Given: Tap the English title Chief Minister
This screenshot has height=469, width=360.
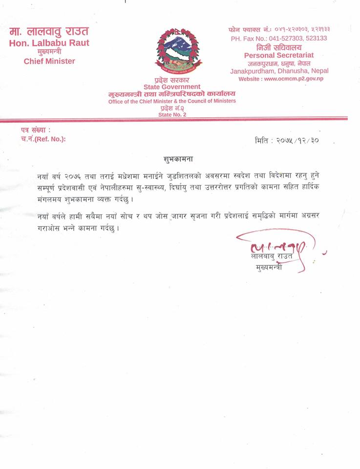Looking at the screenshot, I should click(49, 61).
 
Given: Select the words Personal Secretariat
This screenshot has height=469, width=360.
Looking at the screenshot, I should click(279, 55).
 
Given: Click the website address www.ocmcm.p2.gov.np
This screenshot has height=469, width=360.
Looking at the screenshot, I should click(281, 79).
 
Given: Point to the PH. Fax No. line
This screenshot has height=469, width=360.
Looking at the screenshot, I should click(279, 38).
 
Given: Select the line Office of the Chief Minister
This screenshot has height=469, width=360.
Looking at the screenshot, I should click(172, 101).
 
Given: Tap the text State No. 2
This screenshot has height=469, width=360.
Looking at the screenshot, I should click(172, 114).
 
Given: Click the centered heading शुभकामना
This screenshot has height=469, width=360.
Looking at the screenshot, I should click(175, 159).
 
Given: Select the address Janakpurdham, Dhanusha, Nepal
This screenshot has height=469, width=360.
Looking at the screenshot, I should click(279, 71).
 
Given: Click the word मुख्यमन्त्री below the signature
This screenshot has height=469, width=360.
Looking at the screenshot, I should click(269, 268).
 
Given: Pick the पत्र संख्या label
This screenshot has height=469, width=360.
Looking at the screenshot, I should click(36, 130).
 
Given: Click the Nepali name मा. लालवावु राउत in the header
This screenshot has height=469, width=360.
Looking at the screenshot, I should click(49, 32).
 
